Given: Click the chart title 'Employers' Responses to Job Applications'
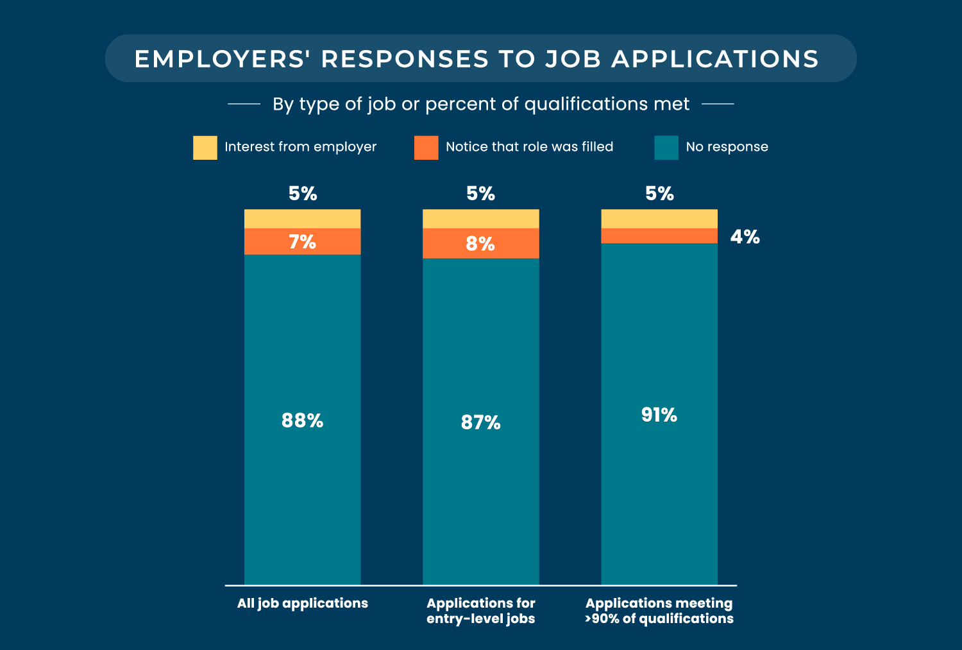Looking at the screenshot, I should coord(477,59).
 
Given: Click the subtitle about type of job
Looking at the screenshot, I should coord(481,104).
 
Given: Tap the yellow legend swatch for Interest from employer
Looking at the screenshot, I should coord(205,148).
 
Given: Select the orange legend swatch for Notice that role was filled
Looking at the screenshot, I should coord(426,148).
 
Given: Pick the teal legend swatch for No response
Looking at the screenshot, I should coord(666,148).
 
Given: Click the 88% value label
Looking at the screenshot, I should coord(302,421).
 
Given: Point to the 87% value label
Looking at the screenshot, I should coord(480,423).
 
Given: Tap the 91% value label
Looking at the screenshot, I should coord(659,415).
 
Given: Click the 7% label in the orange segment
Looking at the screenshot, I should coord(302,242).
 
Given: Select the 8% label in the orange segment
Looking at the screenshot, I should coord(480,244).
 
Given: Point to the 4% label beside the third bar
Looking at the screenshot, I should coord(745,237).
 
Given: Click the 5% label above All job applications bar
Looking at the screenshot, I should coord(303,194).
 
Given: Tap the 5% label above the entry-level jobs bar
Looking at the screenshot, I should coord(480,194).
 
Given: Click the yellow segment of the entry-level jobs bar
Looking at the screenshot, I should coord(480,219).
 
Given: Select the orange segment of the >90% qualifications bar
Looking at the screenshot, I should coord(659,236).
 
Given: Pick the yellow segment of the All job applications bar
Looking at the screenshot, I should coord(302,219).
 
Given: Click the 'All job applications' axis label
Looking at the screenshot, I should coord(302,603).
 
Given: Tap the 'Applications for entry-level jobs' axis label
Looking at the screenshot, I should coord(480,611).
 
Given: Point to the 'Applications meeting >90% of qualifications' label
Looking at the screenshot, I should coord(659,611).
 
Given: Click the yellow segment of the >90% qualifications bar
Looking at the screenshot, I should coord(659,219).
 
